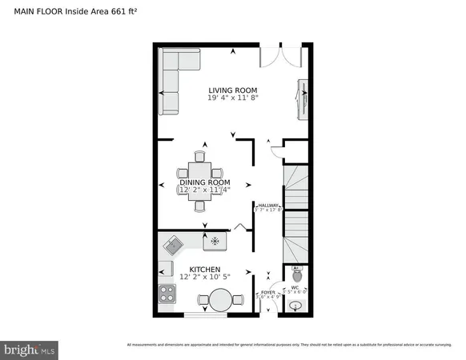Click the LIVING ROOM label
pos(232,90)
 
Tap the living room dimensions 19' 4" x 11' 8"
pos(232,98)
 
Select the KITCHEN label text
pos(205,270)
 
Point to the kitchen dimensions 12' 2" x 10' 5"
pos(205,278)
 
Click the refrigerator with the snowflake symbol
pos(214,241)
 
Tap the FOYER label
pos(268,293)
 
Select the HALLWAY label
pos(268,206)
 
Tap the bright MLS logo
pos(30,349)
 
